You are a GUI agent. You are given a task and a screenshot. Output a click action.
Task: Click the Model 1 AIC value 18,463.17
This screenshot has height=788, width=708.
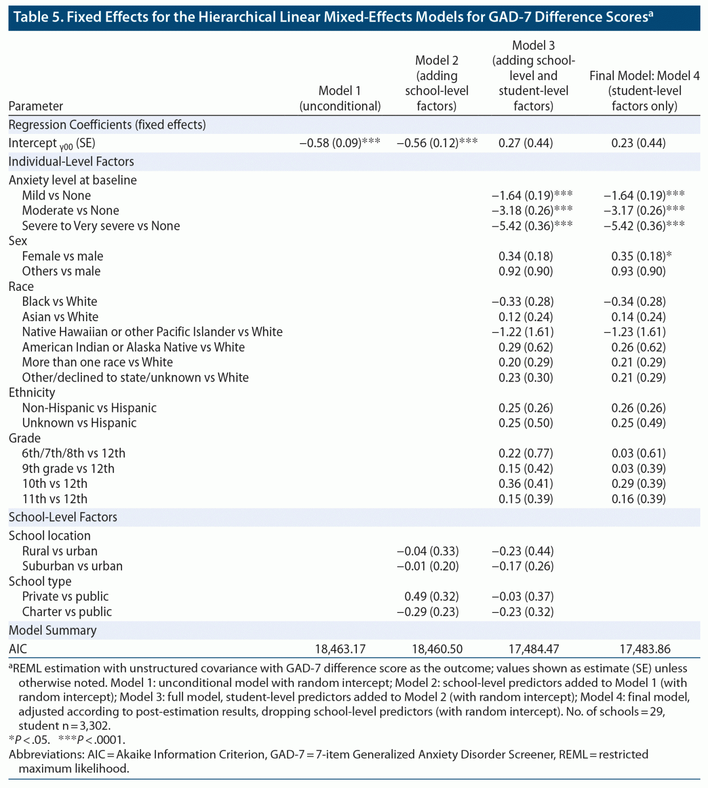(340, 649)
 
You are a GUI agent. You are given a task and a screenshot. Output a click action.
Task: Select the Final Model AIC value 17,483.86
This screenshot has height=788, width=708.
(644, 649)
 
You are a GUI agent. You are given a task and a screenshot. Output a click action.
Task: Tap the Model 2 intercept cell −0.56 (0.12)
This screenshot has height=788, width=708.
(437, 143)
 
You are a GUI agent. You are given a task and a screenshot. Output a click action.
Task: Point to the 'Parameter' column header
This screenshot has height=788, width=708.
(36, 106)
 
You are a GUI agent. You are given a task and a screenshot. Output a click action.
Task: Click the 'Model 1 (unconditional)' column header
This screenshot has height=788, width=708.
(340, 98)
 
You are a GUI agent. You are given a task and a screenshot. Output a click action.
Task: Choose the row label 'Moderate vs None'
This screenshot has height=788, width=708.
(70, 210)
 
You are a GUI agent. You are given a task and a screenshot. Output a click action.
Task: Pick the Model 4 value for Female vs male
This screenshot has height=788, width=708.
(641, 256)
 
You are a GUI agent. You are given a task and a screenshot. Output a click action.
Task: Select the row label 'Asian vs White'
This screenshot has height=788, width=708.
(60, 317)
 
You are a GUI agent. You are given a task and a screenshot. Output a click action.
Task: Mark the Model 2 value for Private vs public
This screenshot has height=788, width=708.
(431, 597)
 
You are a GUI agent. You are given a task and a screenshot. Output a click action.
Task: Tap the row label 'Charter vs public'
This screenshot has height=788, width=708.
(67, 612)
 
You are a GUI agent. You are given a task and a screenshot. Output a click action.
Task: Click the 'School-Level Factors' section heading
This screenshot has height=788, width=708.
(63, 517)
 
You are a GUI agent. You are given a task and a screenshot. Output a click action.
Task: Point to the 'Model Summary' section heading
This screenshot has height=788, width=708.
(53, 631)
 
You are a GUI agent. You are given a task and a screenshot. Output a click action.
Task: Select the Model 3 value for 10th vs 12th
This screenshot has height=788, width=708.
(525, 484)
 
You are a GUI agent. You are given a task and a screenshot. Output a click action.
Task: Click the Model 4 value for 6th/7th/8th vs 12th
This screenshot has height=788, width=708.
(638, 454)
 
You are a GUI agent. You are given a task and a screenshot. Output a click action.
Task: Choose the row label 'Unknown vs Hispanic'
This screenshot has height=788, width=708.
(79, 423)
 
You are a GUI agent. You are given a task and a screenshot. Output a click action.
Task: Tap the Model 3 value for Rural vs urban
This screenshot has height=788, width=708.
(522, 551)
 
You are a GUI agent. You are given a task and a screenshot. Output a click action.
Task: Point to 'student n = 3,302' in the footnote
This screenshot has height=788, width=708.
(65, 726)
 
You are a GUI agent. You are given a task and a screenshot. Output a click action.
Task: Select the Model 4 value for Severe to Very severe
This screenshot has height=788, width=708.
(644, 226)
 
